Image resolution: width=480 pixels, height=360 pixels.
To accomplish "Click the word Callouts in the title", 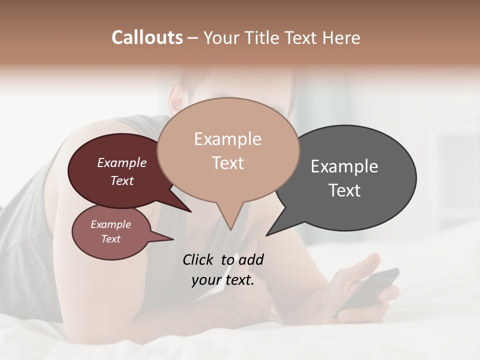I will (x=147, y=37).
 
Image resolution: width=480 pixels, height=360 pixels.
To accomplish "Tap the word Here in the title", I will (x=341, y=38).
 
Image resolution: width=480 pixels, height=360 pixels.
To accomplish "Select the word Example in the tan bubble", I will (x=227, y=139).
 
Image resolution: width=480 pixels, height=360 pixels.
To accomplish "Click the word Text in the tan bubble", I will (x=228, y=163).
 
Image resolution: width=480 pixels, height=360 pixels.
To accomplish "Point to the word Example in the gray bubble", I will (x=344, y=166).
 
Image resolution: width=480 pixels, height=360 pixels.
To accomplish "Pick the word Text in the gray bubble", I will (x=345, y=190).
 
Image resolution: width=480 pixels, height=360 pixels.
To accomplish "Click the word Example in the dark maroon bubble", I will (x=122, y=162).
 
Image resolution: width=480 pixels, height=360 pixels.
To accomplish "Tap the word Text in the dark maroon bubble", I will (x=122, y=180).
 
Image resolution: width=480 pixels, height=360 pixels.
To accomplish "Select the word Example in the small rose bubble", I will (x=111, y=224).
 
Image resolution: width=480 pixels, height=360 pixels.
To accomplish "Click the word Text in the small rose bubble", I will (x=111, y=239).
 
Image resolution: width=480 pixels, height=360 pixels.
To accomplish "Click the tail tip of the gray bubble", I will (x=266, y=235).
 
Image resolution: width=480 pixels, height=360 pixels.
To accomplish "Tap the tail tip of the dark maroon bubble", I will (x=190, y=211).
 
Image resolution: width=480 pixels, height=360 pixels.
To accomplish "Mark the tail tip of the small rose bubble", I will (x=173, y=239).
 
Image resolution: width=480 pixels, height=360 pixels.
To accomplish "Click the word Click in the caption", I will (x=199, y=259).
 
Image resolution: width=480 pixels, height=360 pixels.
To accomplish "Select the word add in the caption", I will (x=251, y=259).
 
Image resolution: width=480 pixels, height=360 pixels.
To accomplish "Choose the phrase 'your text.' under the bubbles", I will (x=223, y=280).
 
